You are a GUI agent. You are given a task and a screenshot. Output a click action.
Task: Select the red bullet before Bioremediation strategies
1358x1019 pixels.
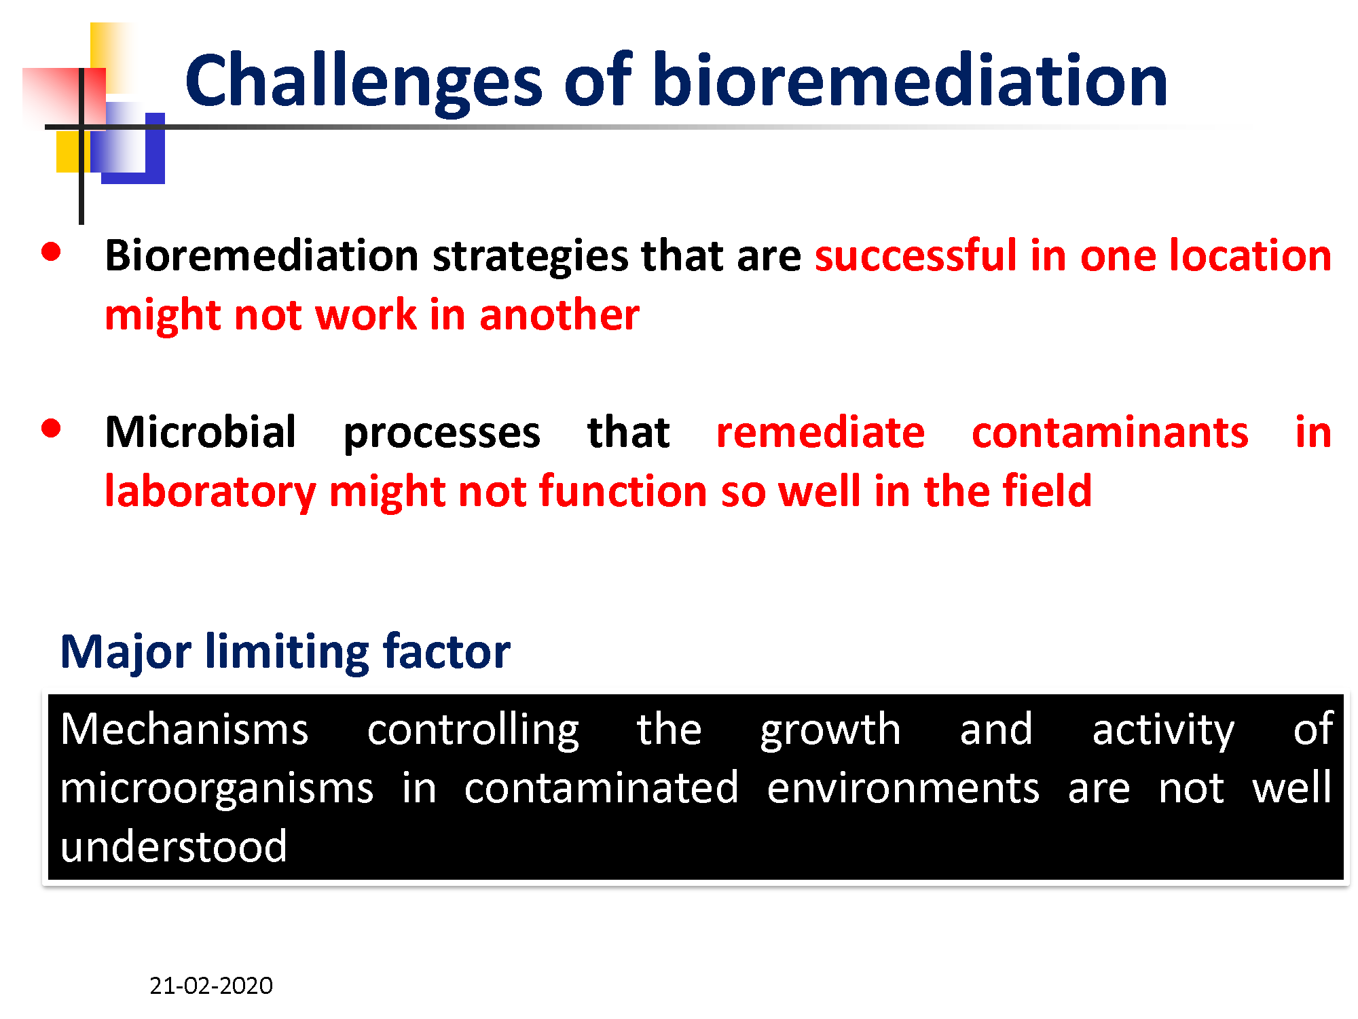(51, 252)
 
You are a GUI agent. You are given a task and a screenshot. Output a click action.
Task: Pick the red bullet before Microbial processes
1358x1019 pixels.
(51, 429)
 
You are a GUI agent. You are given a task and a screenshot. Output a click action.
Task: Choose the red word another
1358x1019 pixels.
(559, 315)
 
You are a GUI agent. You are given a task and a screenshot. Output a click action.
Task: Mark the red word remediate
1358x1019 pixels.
(821, 432)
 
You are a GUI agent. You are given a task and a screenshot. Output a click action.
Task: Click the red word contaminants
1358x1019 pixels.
(1110, 432)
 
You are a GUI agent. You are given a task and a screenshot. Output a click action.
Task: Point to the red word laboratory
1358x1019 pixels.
(210, 492)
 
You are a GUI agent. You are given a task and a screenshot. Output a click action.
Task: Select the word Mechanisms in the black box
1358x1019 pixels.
(185, 729)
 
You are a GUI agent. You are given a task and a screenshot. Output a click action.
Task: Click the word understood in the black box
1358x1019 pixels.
(174, 846)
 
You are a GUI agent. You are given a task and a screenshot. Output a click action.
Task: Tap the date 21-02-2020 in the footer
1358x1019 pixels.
(211, 986)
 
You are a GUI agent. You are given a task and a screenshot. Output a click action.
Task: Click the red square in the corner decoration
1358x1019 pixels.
(64, 99)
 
